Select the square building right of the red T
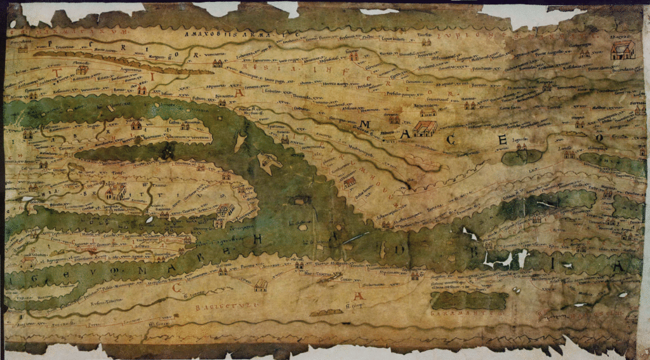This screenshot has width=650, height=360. [81, 70]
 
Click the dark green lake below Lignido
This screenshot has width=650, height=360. [522, 156]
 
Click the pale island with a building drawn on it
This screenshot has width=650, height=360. [270, 163]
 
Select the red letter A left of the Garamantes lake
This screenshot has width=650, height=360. [359, 297]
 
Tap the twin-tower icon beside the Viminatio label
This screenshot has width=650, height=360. [218, 63]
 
